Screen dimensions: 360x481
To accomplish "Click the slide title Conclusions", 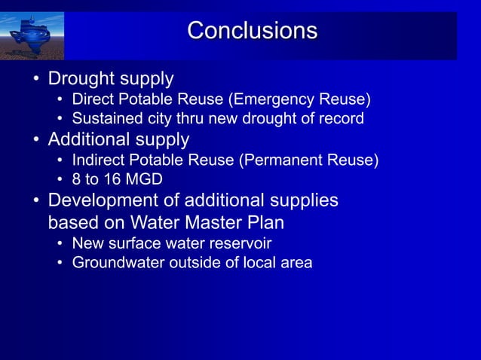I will pyautogui.click(x=252, y=31).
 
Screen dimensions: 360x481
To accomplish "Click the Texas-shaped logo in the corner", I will pyautogui.click(x=33, y=35).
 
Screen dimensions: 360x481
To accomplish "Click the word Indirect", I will pyautogui.click(x=97, y=160).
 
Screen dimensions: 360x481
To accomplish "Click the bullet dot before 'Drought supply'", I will pyautogui.click(x=35, y=79).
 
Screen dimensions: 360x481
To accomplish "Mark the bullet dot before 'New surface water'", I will pyautogui.click(x=60, y=244).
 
